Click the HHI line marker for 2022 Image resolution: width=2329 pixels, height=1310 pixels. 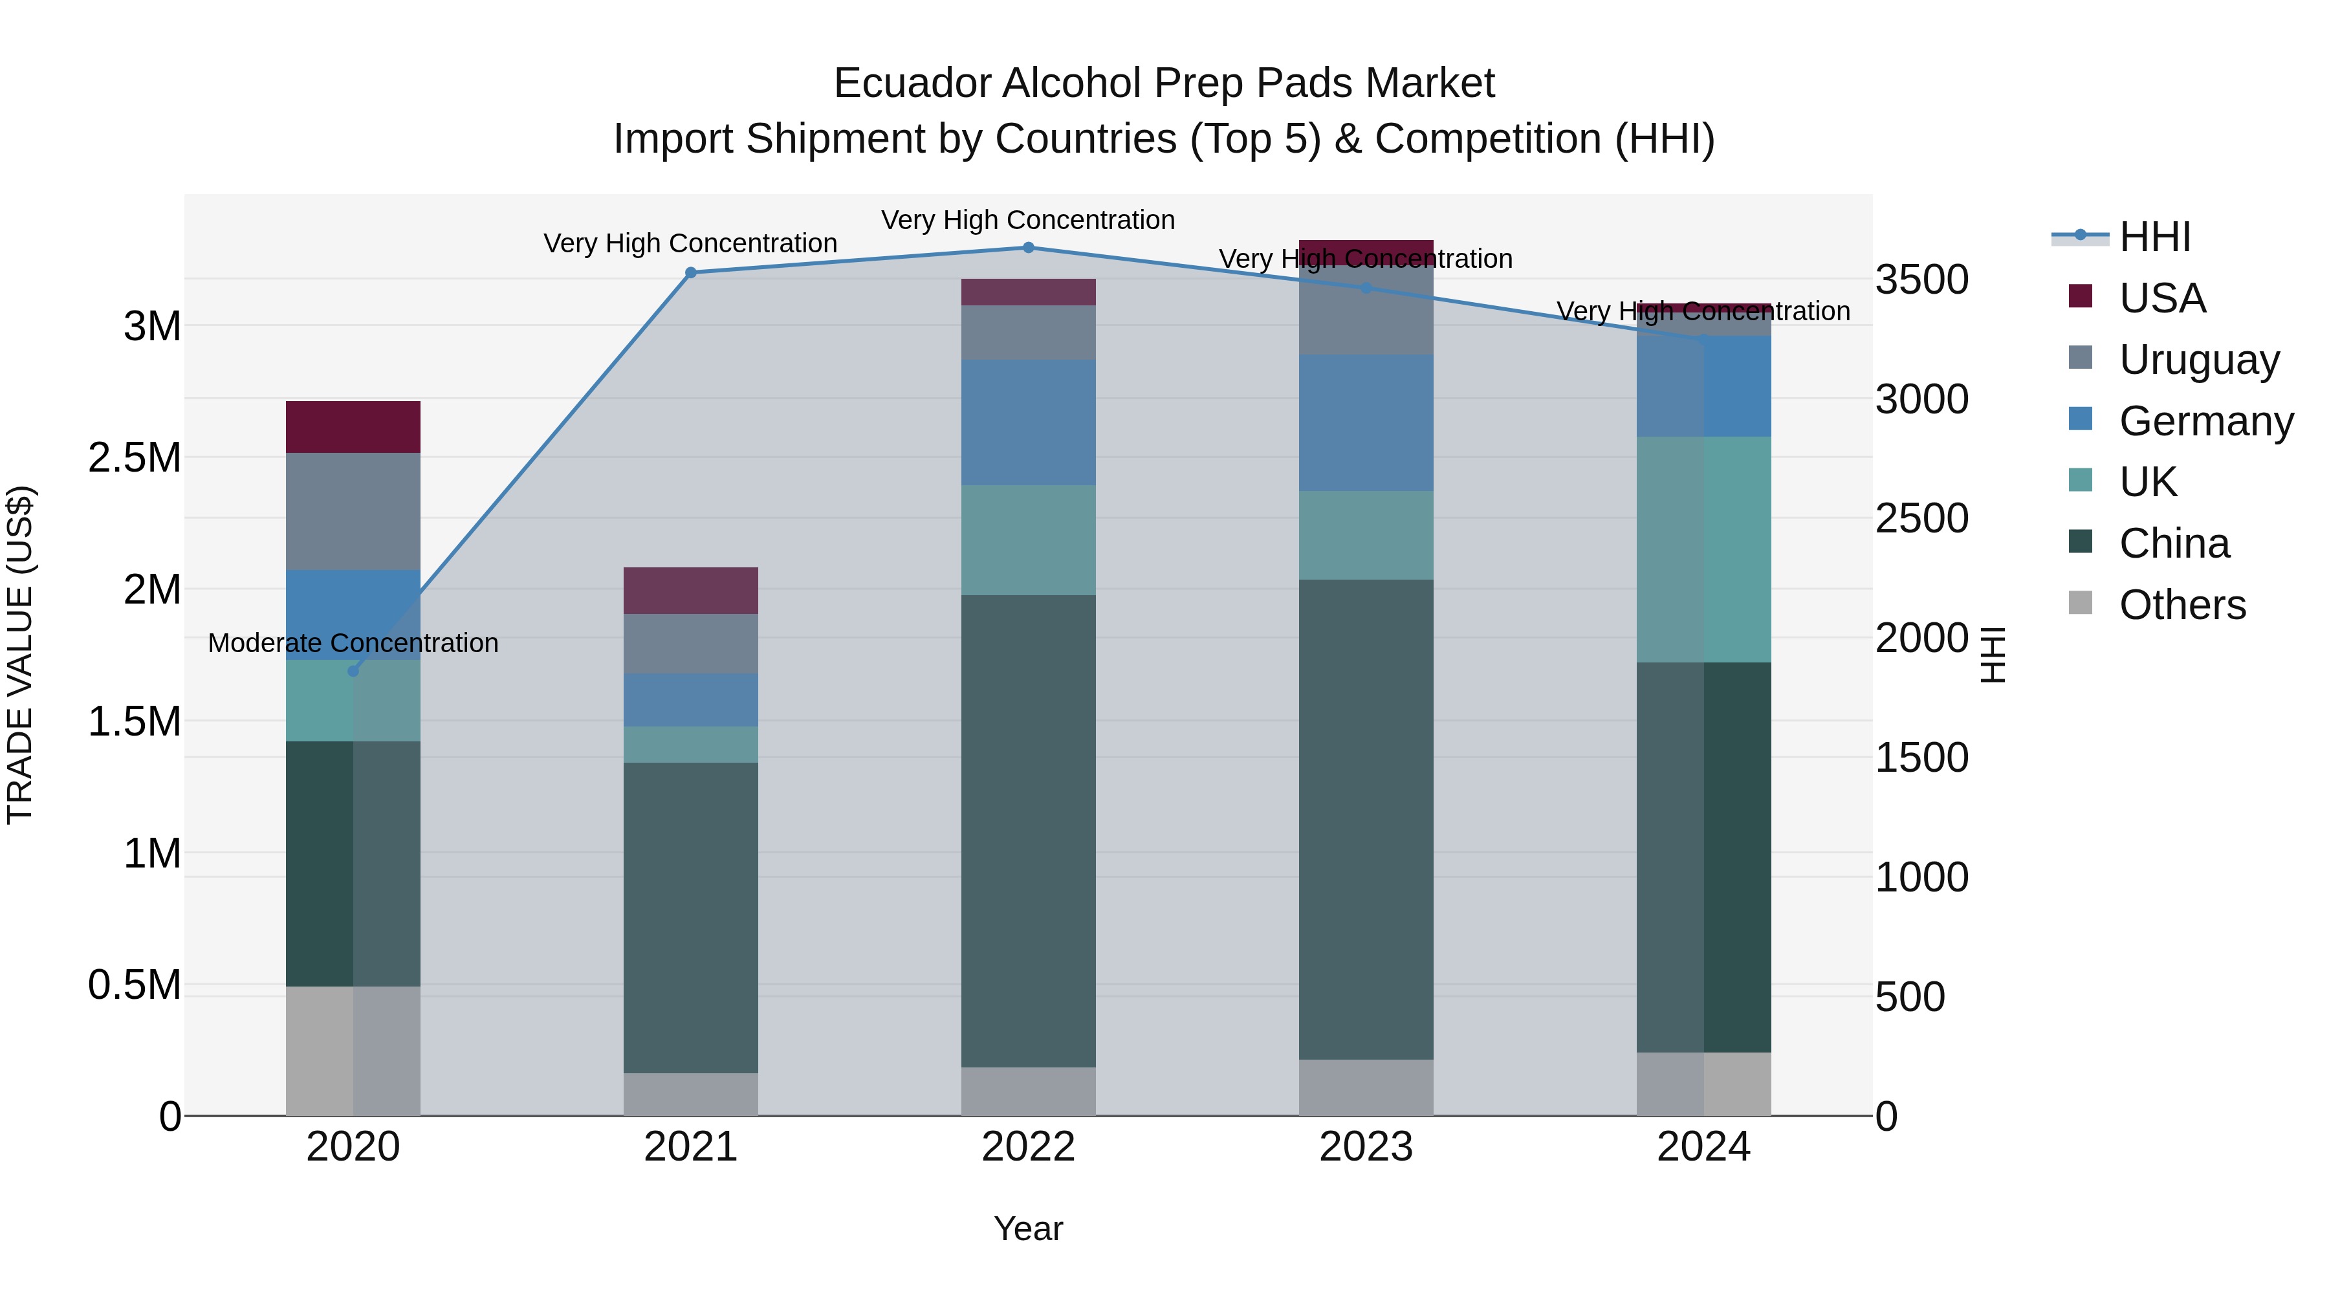pos(1028,247)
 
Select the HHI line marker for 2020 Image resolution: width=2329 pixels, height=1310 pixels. pos(353,671)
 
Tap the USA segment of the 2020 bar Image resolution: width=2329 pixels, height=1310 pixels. pos(353,427)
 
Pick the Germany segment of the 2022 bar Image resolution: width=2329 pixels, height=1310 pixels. pos(1028,422)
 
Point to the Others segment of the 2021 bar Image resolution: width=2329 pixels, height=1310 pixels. pos(691,1094)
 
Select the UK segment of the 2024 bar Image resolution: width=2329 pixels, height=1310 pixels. pos(1703,550)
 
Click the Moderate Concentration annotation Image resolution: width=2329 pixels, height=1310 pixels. pos(353,643)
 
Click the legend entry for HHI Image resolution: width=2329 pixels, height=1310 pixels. pos(2154,237)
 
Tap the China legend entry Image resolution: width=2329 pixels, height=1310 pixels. pos(2174,543)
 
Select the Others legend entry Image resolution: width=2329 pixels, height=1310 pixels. pos(2181,605)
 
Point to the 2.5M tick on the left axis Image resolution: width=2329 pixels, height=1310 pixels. pos(135,457)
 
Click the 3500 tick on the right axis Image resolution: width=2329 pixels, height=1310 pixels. pos(1921,279)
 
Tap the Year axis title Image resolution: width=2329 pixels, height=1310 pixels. pos(1028,1228)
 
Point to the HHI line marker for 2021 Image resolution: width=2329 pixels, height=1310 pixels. pos(691,272)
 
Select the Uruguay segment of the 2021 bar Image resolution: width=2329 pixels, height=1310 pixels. pos(691,644)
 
